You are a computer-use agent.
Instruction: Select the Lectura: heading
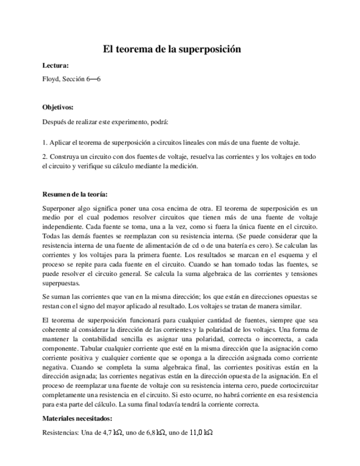(56, 65)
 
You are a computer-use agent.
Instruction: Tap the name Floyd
(50, 79)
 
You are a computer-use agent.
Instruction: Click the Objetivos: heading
(58, 108)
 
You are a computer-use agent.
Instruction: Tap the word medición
(181, 166)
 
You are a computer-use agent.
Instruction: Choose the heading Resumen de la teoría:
(75, 195)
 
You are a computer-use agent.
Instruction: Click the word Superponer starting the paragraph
(59, 209)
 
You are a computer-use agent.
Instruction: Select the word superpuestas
(62, 284)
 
